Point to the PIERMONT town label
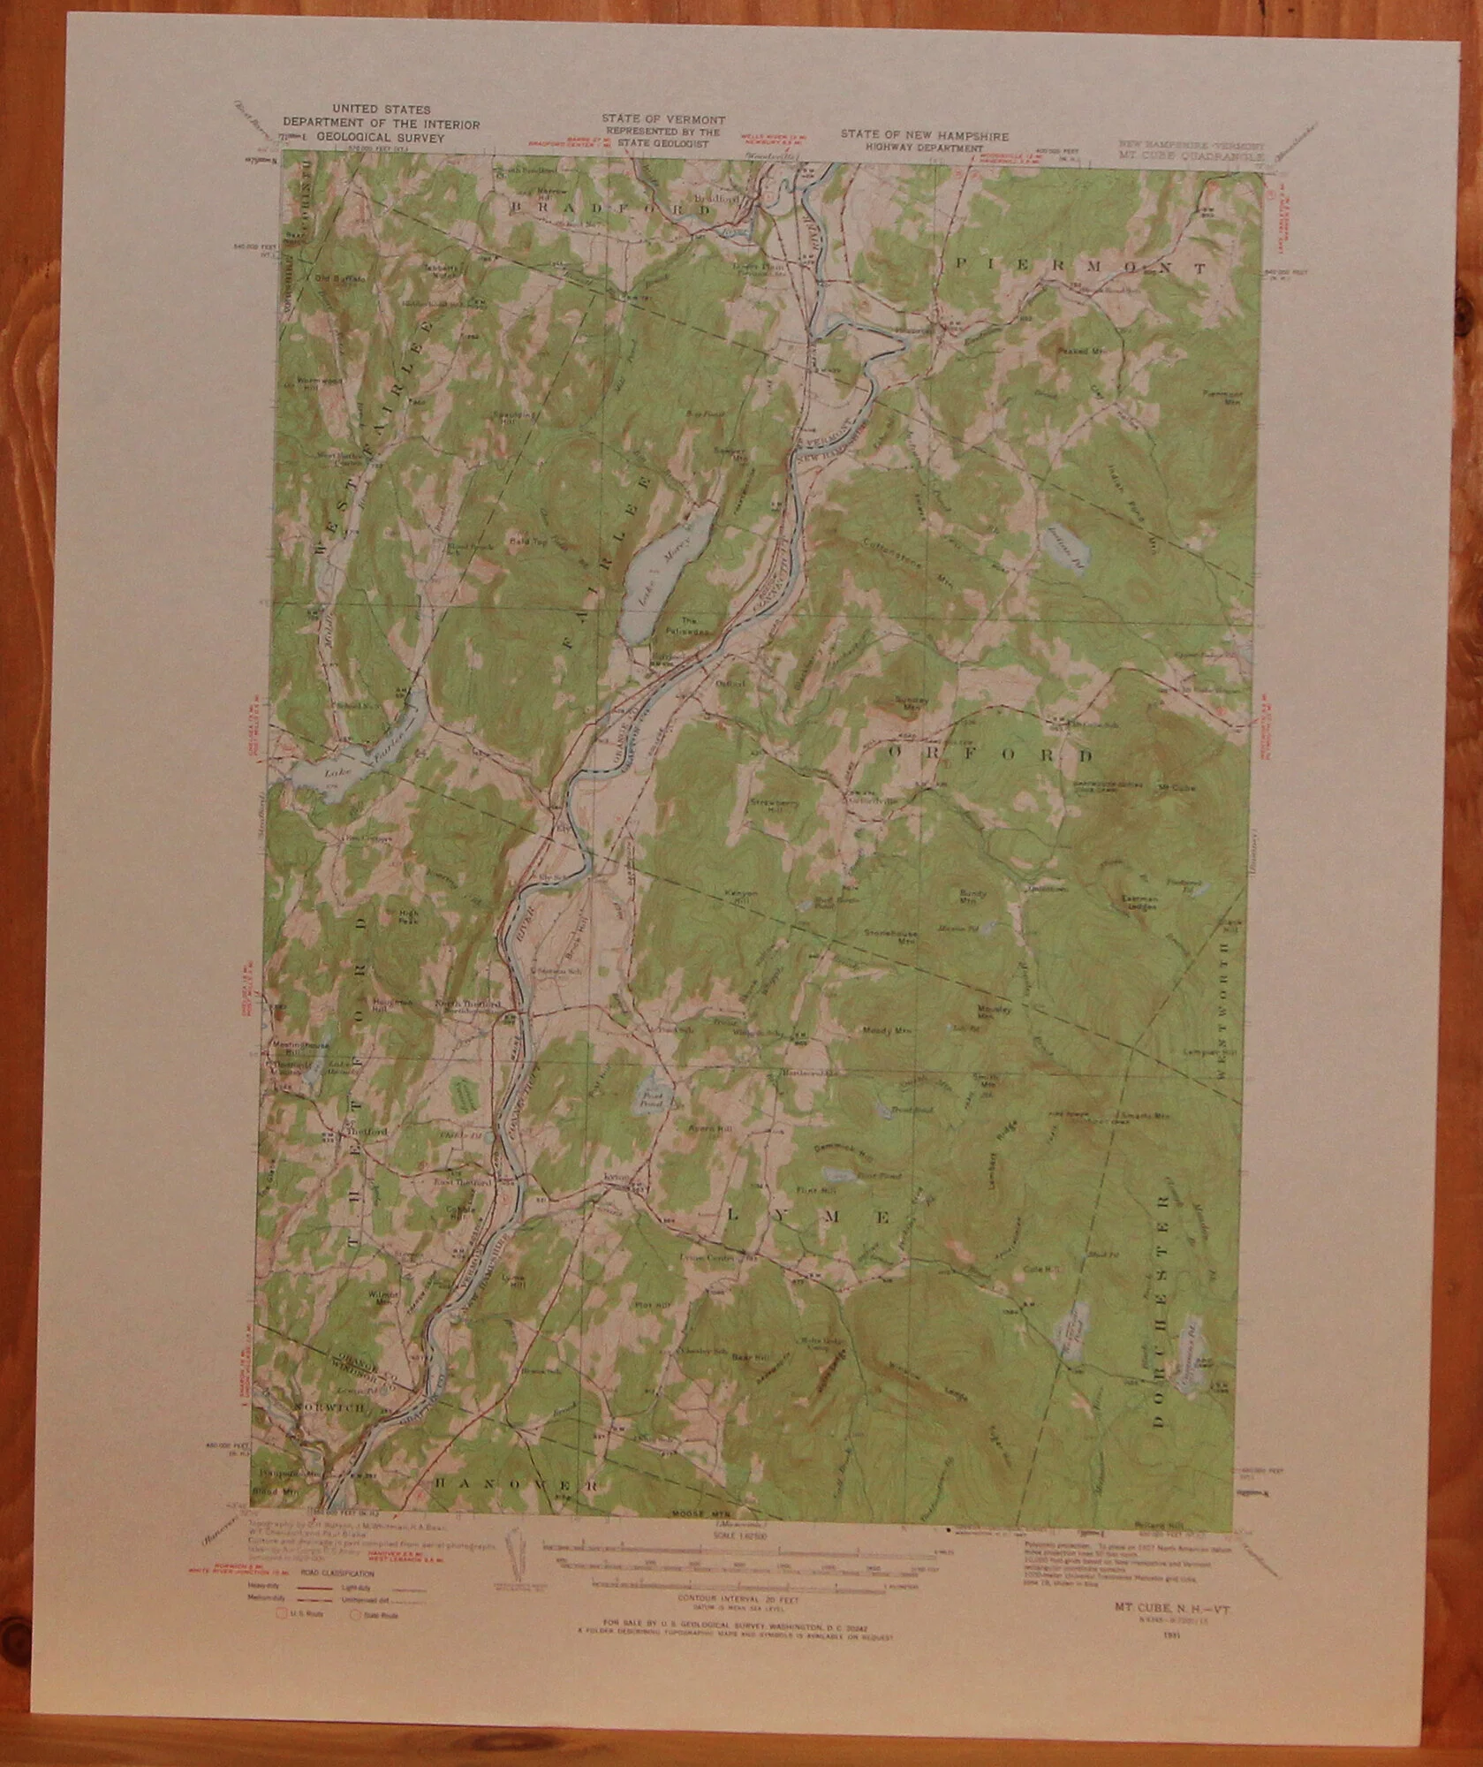click(x=1081, y=265)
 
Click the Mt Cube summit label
click(x=1175, y=787)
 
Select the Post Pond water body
click(x=655, y=1096)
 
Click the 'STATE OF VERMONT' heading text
click(x=663, y=119)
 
